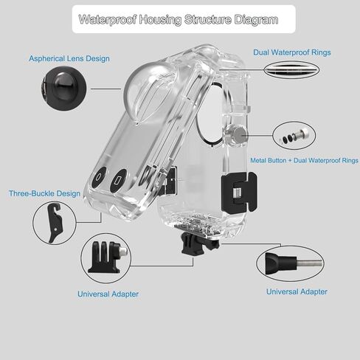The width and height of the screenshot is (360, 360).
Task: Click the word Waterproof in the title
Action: [107, 20]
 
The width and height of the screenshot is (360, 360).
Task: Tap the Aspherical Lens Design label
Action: [69, 58]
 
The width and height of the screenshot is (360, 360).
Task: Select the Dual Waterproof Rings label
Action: [292, 52]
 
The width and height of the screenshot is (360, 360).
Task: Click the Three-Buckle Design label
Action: [44, 193]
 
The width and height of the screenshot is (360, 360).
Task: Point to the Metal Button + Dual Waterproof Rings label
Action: [304, 161]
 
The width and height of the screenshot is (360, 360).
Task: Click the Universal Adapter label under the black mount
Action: [108, 294]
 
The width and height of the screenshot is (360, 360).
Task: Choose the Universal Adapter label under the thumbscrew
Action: [297, 292]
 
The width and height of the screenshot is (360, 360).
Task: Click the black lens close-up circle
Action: [63, 89]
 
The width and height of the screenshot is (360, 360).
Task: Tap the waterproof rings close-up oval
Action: [291, 69]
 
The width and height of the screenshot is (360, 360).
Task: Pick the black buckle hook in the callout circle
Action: [55, 222]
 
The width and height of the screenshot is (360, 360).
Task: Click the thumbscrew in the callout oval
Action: [293, 263]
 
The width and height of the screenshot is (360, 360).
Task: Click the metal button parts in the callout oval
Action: [294, 136]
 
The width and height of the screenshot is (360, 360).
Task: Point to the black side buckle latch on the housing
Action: [239, 193]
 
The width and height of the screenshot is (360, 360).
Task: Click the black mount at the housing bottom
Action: [200, 244]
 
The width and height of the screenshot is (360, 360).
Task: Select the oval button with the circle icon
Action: [100, 177]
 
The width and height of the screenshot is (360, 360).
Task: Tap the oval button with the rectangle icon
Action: [118, 181]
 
